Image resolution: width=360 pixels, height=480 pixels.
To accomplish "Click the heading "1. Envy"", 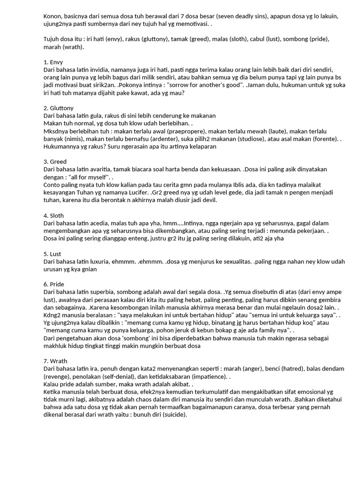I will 53,62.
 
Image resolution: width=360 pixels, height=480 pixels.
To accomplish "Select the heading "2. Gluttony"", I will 59,108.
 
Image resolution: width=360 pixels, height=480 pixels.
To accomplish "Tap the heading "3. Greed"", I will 55,162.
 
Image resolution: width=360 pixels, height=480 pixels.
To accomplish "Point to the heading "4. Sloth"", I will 53,216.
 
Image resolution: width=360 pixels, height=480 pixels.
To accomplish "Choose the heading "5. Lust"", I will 52,254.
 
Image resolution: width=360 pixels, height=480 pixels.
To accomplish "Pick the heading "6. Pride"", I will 54,285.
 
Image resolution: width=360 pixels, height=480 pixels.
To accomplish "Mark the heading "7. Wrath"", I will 55,361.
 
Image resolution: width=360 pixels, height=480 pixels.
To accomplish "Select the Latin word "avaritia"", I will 100,169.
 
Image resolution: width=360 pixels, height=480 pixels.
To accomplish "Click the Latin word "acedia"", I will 99,223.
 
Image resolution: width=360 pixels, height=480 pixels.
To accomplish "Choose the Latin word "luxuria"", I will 99,261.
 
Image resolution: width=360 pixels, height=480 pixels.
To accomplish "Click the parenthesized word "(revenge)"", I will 59,376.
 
